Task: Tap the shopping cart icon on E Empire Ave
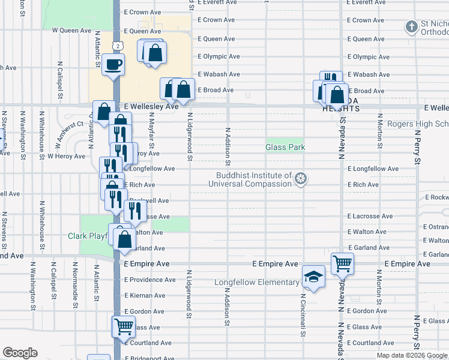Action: click(x=342, y=262)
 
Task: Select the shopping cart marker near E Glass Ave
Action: click(x=124, y=326)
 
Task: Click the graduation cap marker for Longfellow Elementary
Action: click(x=313, y=276)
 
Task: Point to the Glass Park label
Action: click(x=285, y=147)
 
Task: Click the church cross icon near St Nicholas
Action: click(x=411, y=26)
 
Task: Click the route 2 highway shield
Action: click(x=119, y=45)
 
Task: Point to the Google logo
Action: click(x=20, y=353)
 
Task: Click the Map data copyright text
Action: click(x=411, y=355)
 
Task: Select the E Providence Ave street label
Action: click(x=150, y=280)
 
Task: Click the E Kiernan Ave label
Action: click(x=148, y=295)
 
